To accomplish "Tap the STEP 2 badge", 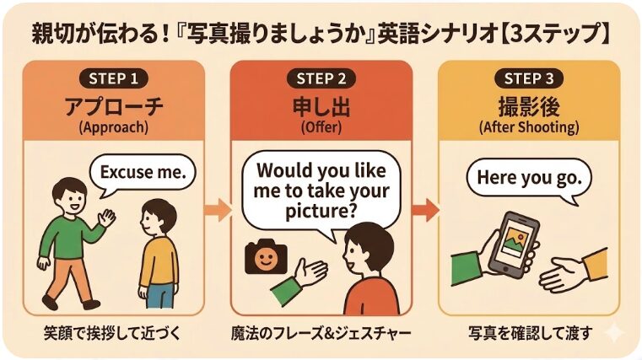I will point(321,78).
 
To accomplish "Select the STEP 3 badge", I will point(529,78).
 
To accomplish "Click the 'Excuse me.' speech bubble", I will point(143,174).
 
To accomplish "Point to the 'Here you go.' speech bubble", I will point(529,178).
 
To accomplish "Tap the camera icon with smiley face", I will point(265,256).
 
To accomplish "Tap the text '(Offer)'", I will point(321,127).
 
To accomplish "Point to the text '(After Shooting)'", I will point(529,127).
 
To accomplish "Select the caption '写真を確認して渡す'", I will point(529,333).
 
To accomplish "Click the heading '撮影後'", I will point(529,107).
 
